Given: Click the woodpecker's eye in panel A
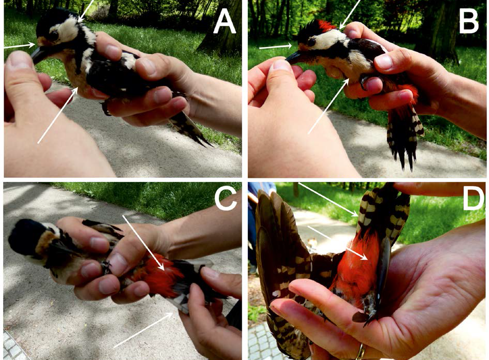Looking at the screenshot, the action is [x=53, y=36].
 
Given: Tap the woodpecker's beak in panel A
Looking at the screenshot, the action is [x=39, y=54].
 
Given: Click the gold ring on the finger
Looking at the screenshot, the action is [x=361, y=352].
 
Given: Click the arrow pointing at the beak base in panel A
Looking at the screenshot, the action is [x=19, y=46].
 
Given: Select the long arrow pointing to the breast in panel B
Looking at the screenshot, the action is [x=328, y=106].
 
